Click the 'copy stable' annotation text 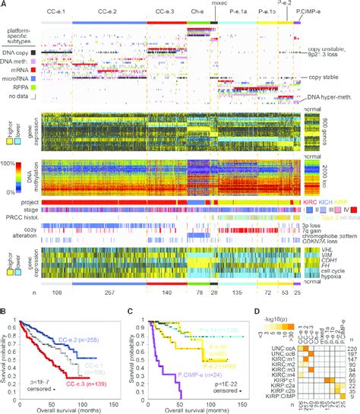pyautogui.click(x=324, y=78)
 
